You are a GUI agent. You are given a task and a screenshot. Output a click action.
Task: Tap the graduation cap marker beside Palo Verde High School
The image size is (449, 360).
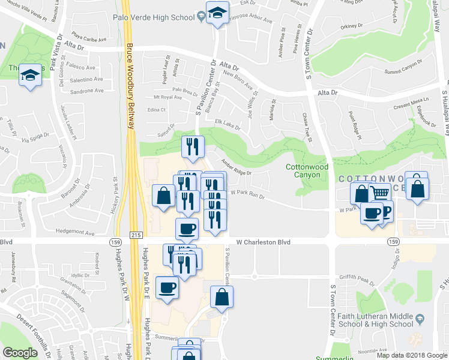click(217, 13)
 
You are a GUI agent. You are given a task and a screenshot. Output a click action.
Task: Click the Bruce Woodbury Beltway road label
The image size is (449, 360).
click(129, 84)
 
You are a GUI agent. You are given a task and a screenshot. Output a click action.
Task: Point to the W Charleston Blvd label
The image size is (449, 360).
click(263, 242)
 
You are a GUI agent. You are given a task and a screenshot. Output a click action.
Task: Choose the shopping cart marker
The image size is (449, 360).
click(379, 194)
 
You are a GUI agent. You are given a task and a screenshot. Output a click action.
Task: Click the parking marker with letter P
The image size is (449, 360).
click(385, 211)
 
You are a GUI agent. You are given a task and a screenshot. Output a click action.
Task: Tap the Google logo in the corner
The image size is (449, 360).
click(20, 353)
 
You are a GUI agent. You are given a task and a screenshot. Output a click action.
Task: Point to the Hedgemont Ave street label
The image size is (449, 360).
click(74, 232)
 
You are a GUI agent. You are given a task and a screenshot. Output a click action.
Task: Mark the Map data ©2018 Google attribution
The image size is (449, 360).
click(411, 355)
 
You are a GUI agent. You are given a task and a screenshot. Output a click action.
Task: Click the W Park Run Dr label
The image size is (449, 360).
click(247, 193)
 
